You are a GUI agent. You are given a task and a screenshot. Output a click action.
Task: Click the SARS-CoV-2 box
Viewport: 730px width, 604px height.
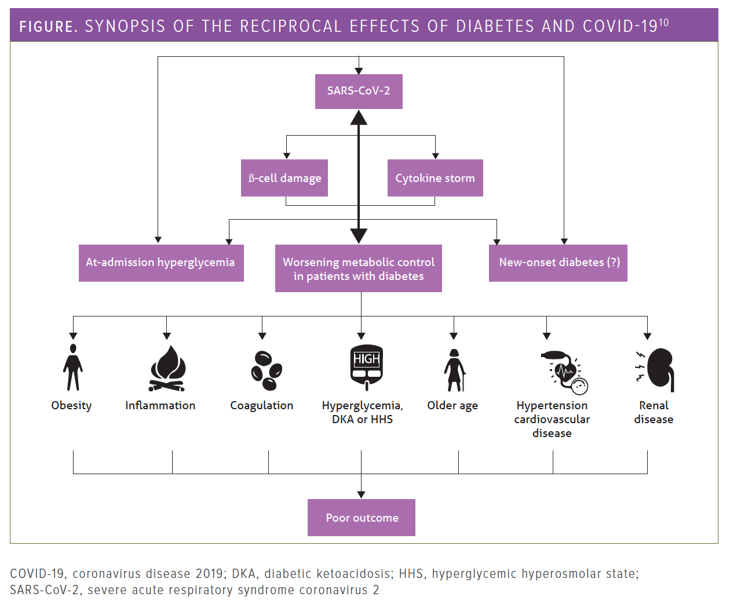pos(359,91)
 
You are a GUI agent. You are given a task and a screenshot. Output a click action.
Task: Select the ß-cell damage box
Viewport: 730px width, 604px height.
pos(284,178)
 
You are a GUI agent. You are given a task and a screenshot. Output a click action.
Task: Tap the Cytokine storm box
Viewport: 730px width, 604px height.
pos(435,178)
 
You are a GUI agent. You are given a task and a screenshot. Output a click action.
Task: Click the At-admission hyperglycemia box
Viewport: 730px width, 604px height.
pos(161,263)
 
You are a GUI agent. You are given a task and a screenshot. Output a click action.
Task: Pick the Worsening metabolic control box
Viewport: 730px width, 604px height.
pos(359,268)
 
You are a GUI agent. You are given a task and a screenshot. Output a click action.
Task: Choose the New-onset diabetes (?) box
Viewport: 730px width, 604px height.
pos(558,263)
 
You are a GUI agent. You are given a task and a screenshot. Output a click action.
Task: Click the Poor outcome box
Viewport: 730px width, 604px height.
pos(362,518)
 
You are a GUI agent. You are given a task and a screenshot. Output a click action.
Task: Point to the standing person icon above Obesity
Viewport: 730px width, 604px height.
pos(73,368)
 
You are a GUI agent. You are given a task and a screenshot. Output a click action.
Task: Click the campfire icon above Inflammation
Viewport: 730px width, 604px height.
pos(167,369)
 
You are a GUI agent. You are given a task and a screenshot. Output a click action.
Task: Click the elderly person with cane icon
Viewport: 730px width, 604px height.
pos(454,370)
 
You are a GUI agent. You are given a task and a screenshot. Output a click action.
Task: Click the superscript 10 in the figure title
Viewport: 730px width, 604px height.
pos(663,23)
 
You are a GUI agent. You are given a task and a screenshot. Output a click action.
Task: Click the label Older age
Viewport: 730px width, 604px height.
pos(452,406)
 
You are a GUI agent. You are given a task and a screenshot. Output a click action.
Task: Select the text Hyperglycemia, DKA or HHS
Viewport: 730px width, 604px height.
pos(363,412)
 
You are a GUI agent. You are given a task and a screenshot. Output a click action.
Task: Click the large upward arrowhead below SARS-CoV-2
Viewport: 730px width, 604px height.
pos(359,118)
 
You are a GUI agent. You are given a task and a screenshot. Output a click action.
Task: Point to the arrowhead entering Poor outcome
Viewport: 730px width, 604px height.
pos(362,494)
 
